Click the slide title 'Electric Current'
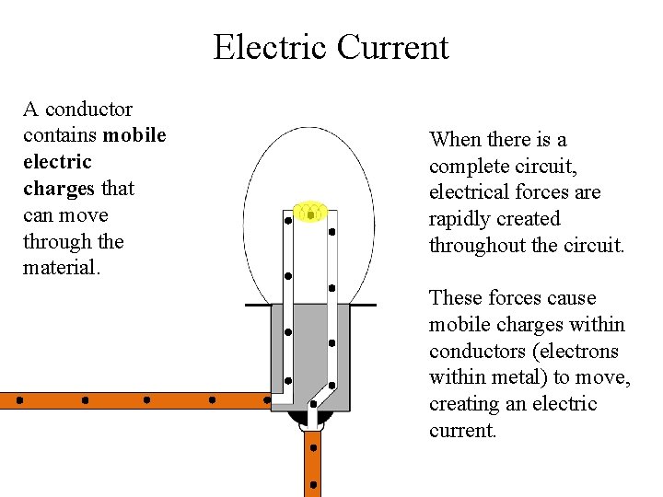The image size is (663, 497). (x=331, y=47)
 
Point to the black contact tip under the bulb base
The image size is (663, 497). (x=311, y=420)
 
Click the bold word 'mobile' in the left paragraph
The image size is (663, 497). (x=135, y=136)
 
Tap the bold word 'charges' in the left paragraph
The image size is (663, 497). (x=59, y=189)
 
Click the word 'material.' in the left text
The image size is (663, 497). (x=60, y=268)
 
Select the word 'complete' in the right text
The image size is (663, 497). (x=468, y=167)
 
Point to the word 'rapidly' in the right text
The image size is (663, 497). (x=460, y=219)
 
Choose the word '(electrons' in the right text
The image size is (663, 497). (x=571, y=352)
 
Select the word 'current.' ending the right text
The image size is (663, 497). (x=463, y=431)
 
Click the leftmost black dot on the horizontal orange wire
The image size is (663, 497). (x=19, y=401)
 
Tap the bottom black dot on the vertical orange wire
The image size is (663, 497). (x=313, y=483)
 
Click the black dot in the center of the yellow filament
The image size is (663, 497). (x=311, y=214)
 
